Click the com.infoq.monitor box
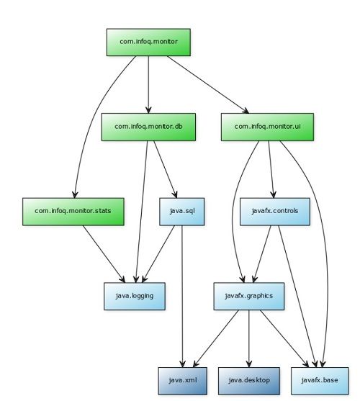(x=148, y=42)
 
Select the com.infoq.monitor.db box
(x=148, y=127)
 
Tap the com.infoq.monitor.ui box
(x=267, y=127)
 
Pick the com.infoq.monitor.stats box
(x=73, y=212)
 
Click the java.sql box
(x=182, y=212)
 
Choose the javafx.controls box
(x=275, y=212)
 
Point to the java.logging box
(x=135, y=296)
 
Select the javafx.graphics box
(x=249, y=296)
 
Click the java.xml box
(x=183, y=381)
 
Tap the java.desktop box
(x=249, y=381)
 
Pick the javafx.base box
(x=320, y=381)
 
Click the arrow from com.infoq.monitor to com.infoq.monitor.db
(x=148, y=85)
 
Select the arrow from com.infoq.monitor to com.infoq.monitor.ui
(x=208, y=85)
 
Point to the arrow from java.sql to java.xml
(x=182, y=297)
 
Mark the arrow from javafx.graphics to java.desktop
(x=249, y=339)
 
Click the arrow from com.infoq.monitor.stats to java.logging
(x=104, y=254)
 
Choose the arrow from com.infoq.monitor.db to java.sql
(x=165, y=169)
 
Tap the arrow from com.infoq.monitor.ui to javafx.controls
(x=271, y=169)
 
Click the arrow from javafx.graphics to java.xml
(x=216, y=339)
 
